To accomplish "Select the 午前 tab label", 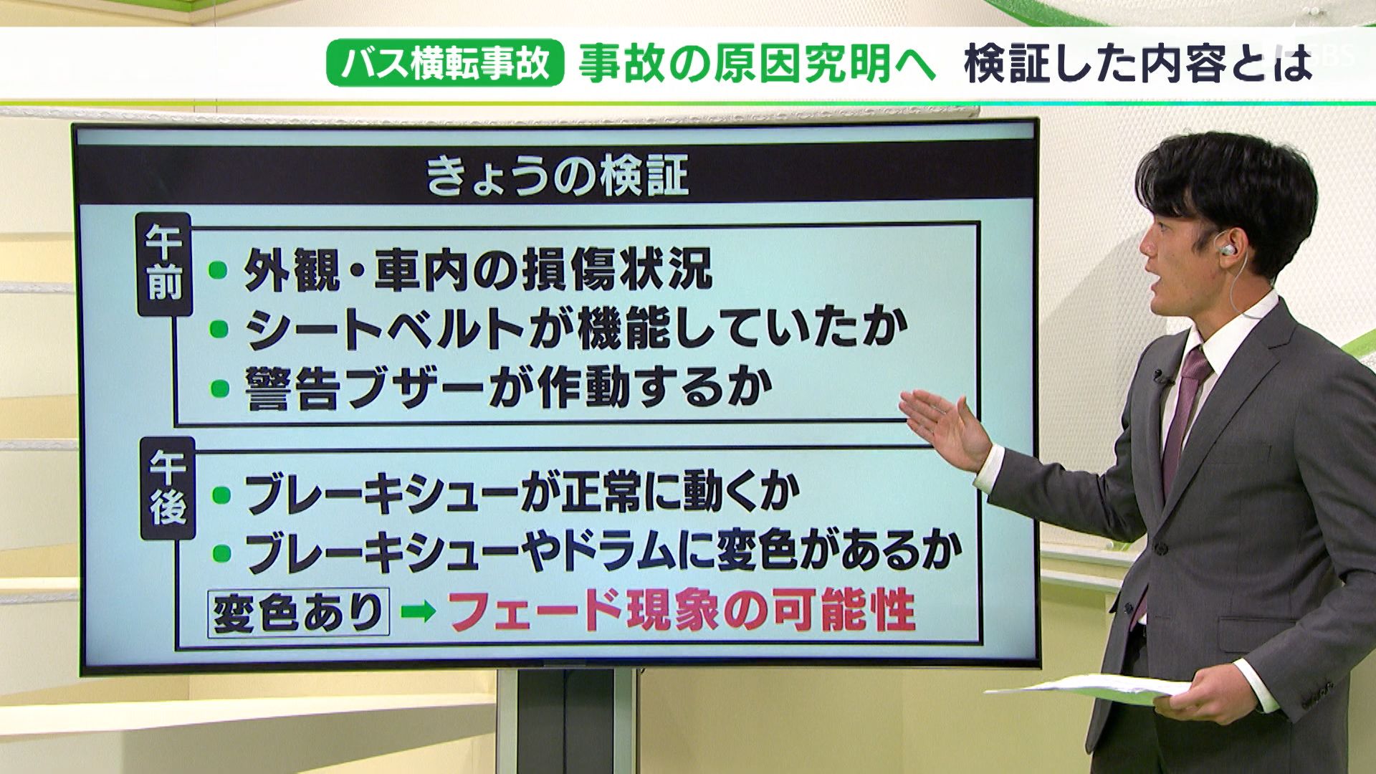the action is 165,265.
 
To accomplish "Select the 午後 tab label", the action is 168,489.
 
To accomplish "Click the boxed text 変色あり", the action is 298,612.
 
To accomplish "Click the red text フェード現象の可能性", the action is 682,611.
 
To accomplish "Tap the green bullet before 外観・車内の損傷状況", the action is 218,270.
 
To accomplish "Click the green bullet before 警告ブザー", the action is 218,388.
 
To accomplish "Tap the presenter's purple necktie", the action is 1182,416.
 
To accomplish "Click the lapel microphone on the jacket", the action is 1158,376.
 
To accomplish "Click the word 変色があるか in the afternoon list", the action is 838,552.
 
